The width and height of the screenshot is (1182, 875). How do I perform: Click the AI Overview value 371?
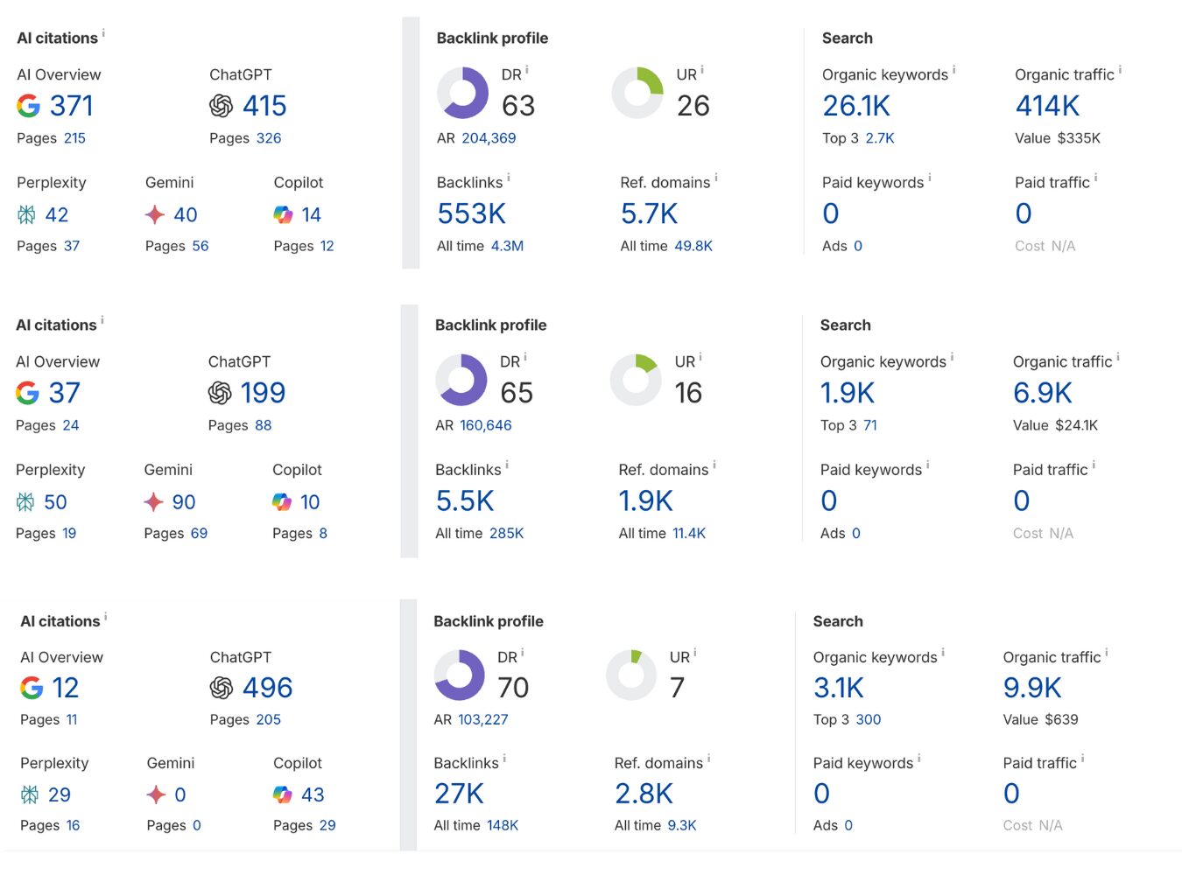tap(71, 106)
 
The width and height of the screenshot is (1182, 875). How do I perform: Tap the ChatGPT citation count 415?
tap(264, 106)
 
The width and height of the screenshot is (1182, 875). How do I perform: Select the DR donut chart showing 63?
tap(462, 93)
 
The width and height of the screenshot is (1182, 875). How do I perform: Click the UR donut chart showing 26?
tap(637, 93)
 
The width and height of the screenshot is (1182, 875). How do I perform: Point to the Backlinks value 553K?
tap(471, 213)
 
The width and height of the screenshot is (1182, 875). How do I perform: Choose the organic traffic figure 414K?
tap(1047, 106)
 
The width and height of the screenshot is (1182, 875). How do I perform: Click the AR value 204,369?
tap(489, 138)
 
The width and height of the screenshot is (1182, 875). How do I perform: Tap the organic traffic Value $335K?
tap(1079, 138)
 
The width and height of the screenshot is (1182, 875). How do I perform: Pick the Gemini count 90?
tap(184, 502)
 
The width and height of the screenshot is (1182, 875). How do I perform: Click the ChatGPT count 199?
tap(263, 393)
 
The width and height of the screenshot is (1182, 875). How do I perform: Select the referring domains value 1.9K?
tap(645, 500)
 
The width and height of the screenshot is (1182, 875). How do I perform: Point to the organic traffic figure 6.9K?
tap(1042, 393)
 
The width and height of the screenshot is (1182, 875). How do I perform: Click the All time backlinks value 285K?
tap(507, 534)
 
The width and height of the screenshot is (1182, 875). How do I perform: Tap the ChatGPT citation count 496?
tap(267, 688)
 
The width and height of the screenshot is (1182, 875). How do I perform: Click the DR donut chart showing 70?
tap(460, 675)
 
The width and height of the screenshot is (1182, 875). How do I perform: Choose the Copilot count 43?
tap(313, 794)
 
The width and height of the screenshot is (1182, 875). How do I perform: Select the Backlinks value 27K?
tap(459, 794)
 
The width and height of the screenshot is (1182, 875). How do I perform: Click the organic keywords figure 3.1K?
tap(838, 688)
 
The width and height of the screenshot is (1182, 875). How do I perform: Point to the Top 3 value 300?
tap(869, 720)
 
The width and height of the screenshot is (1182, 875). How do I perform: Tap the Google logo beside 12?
tap(32, 688)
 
